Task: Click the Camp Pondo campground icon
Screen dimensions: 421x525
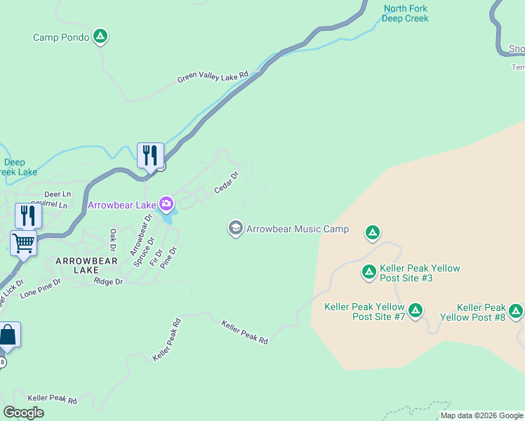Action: pos(100,36)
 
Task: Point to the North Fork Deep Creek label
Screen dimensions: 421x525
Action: pos(405,13)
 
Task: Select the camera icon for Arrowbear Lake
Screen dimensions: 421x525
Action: pos(166,204)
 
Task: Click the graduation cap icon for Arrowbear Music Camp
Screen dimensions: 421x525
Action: pos(235,229)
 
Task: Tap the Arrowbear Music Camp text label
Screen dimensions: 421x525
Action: pos(298,229)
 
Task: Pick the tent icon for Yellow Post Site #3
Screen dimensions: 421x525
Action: pos(368,272)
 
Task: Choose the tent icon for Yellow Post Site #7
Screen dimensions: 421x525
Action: pos(416,309)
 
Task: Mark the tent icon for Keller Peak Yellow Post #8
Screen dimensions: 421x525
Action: pos(516,310)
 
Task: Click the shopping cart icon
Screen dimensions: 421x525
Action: pos(23,243)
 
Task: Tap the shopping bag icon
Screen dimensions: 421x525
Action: pos(8,335)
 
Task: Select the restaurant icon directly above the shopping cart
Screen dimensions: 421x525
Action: pos(27,215)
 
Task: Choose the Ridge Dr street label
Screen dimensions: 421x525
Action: pos(108,281)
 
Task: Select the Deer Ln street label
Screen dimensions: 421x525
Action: pos(58,194)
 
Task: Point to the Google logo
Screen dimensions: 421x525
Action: pos(23,413)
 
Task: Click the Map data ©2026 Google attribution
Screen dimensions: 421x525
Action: pos(482,415)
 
